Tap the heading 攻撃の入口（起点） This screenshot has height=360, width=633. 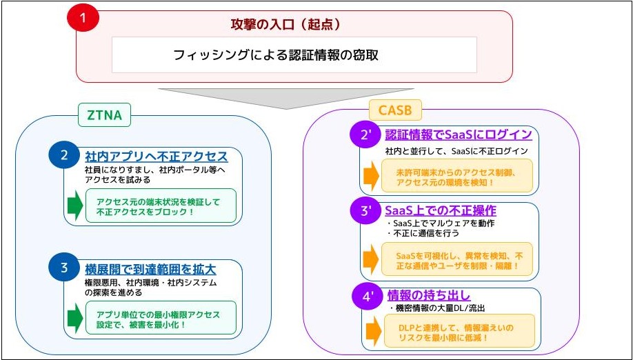294,25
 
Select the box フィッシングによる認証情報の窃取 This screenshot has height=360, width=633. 294,55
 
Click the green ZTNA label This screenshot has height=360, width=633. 105,116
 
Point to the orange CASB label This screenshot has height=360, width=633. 395,109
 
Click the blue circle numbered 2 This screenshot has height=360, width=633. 64,156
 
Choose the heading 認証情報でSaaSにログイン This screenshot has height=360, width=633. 459,134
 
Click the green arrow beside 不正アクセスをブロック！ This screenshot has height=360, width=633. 74,204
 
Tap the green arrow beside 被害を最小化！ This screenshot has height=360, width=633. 74,317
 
